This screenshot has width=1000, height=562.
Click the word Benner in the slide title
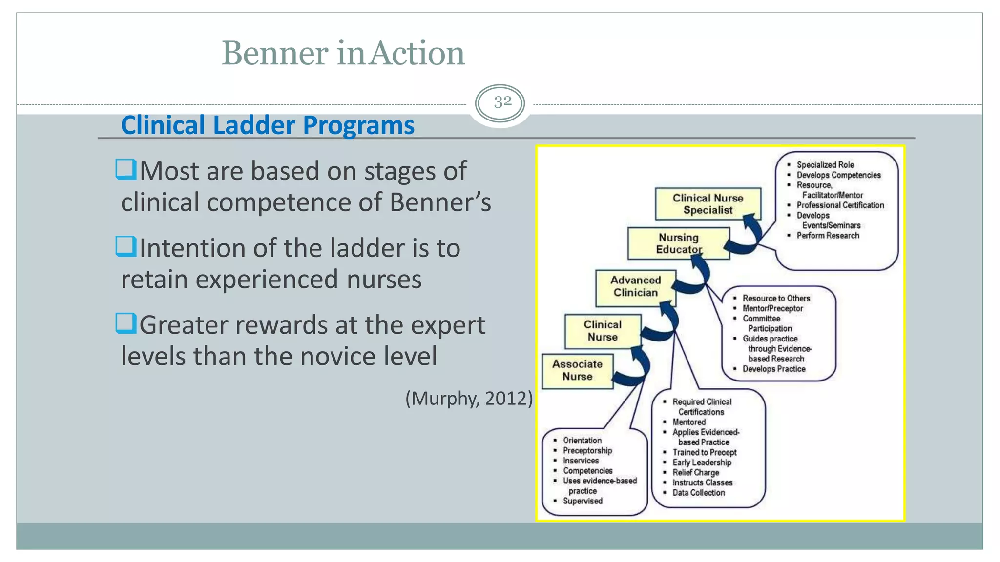click(x=275, y=53)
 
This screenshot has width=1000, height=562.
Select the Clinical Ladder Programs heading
click(x=268, y=125)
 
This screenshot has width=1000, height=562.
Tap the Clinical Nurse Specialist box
click(x=708, y=204)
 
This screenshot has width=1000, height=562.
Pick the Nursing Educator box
click(x=678, y=243)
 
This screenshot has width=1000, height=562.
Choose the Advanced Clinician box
click(x=635, y=286)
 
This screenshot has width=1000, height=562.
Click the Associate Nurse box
click(x=577, y=370)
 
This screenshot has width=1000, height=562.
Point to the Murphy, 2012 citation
click(x=469, y=398)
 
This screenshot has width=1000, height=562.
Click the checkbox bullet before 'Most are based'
click(x=126, y=169)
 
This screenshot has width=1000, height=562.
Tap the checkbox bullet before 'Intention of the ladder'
click(x=126, y=246)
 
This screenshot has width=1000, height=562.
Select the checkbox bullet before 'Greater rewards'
click(x=126, y=323)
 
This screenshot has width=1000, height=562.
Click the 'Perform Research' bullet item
click(x=828, y=236)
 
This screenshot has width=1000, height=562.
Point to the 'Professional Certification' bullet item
click(x=840, y=205)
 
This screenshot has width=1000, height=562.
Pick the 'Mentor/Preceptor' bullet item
click(x=772, y=308)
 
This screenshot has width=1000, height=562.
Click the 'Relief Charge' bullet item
click(x=695, y=472)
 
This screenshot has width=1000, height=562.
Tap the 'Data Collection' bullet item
click(x=698, y=493)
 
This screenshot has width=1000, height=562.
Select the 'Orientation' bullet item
click(x=582, y=441)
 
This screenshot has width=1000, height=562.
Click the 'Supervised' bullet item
click(x=582, y=501)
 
